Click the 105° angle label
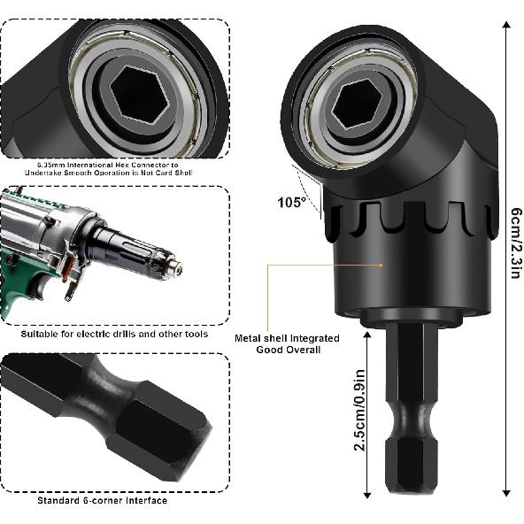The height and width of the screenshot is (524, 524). click(290, 202)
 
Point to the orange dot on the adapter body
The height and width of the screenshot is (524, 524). click(382, 263)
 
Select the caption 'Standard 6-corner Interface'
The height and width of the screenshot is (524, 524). click(102, 500)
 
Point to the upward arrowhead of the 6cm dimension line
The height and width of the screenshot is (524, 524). click(506, 24)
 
